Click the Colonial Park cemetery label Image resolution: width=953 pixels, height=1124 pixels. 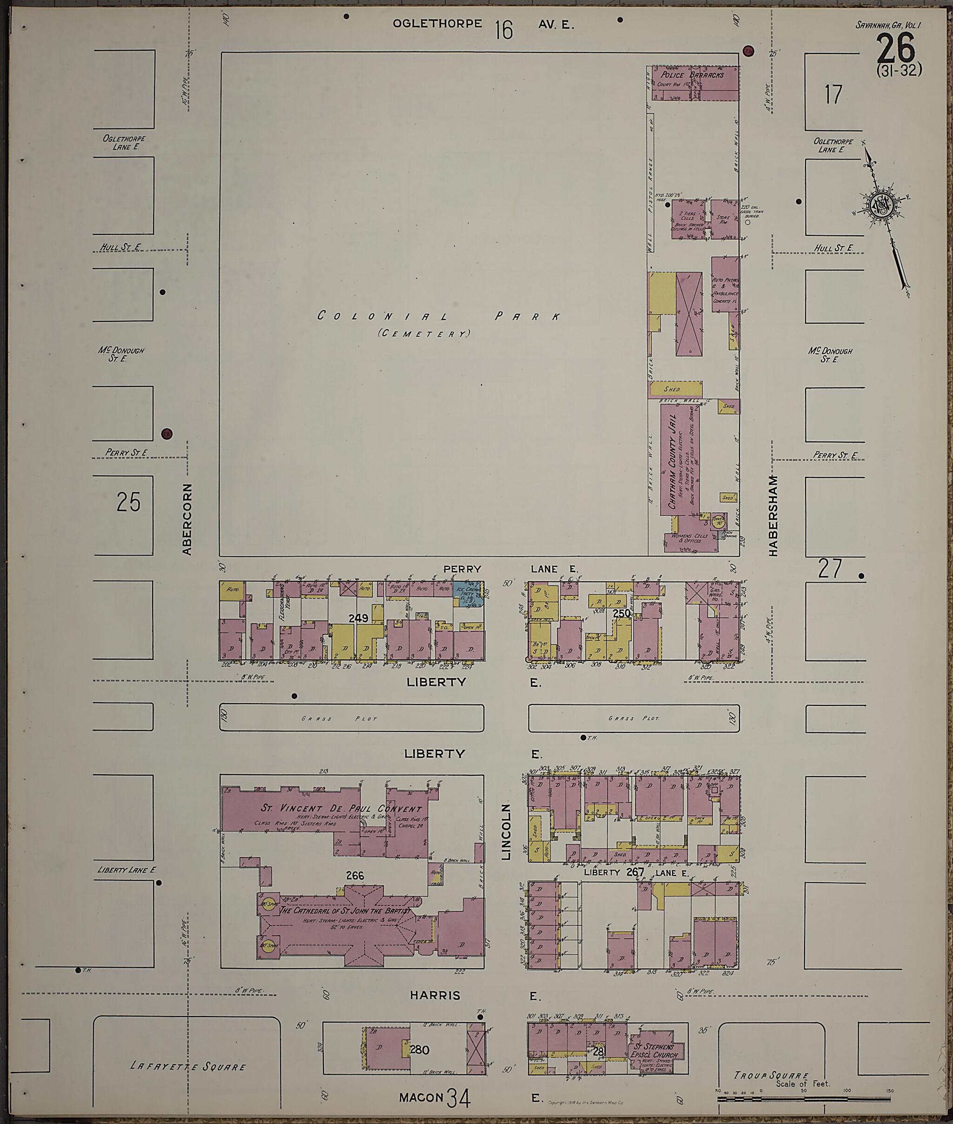click(437, 317)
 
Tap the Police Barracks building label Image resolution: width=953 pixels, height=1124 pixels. click(692, 75)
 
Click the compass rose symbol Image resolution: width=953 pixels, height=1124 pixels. click(879, 204)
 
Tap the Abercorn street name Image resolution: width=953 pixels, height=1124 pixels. click(187, 518)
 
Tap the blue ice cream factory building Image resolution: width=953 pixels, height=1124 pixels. click(467, 593)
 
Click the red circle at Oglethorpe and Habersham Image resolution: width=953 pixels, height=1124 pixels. click(748, 51)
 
